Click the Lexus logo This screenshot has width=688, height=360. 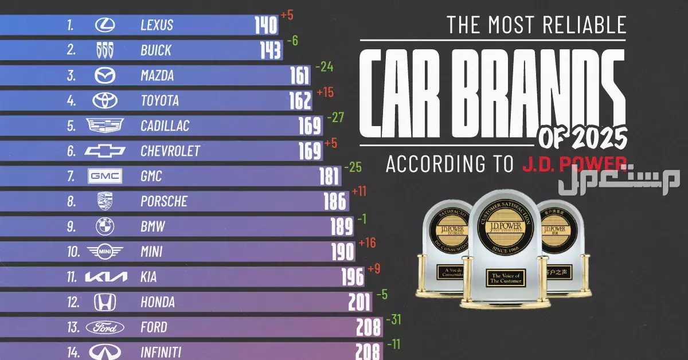(105, 25)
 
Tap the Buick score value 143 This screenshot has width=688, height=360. (270, 50)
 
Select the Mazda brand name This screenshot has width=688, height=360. (157, 76)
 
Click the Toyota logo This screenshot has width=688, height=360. (105, 100)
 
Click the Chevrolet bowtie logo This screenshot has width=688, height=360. (105, 151)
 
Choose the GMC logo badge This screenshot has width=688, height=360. (105, 176)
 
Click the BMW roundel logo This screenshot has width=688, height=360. (105, 226)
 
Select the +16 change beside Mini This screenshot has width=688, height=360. (367, 243)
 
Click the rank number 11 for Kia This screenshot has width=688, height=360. (72, 277)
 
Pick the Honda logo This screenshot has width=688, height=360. (105, 302)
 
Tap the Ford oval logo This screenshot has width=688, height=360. (105, 327)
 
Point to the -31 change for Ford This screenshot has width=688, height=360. (394, 319)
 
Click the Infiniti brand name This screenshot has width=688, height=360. (161, 352)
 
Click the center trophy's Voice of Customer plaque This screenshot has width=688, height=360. (505, 277)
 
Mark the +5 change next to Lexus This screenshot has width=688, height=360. (287, 15)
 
